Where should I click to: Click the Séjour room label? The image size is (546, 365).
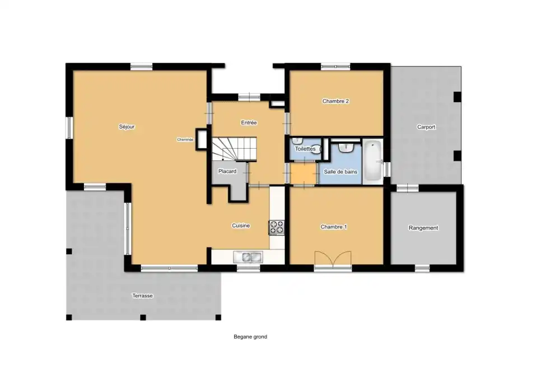[127, 127]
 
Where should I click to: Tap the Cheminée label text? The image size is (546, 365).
[185, 140]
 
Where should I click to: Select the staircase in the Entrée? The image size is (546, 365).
[234, 149]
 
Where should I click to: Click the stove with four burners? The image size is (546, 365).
[277, 227]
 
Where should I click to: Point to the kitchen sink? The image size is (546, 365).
[248, 257]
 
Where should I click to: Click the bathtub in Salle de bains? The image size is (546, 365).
[372, 160]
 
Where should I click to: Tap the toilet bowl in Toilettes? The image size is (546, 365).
[317, 149]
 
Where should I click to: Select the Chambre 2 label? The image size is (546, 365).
[335, 101]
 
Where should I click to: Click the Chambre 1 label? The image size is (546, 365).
[334, 227]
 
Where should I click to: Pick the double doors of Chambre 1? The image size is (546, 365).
[333, 259]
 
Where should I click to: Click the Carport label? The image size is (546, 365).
[426, 127]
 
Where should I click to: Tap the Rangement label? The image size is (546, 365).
[423, 228]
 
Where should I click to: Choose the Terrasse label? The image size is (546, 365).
[142, 296]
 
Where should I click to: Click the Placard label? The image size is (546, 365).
[227, 172]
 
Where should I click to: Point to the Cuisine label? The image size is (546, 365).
[241, 226]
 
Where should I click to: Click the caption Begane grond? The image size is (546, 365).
[250, 337]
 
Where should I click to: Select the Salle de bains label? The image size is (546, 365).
[340, 172]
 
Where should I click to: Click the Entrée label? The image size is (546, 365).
[249, 123]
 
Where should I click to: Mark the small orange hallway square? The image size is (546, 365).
[304, 173]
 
